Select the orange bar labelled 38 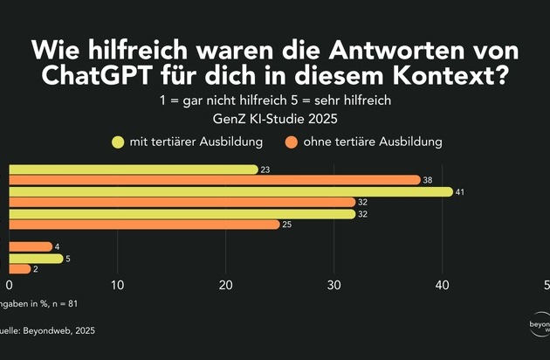pos(215,180)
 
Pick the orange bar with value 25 pos(144,225)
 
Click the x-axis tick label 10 pos(118,285)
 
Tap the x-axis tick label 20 pos(226,285)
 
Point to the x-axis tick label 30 pos(334,285)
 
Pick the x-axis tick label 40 pos(443,285)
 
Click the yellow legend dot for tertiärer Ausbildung pos(116,140)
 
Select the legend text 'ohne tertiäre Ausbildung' pos(373,140)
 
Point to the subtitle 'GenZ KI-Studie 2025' pos(274,118)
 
